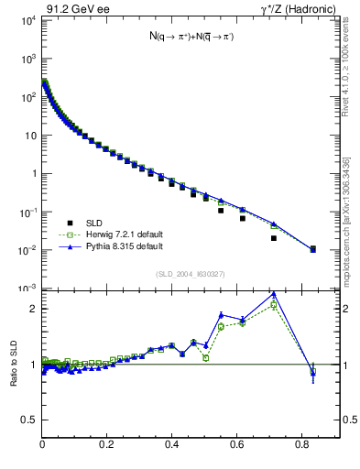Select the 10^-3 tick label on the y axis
pyautogui.click(x=27, y=289)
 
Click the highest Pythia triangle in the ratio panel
pyautogui.click(x=274, y=294)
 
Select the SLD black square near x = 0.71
pyautogui.click(x=274, y=238)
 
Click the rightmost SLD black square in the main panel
pyautogui.click(x=312, y=248)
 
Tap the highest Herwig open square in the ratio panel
pyautogui.click(x=274, y=304)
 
